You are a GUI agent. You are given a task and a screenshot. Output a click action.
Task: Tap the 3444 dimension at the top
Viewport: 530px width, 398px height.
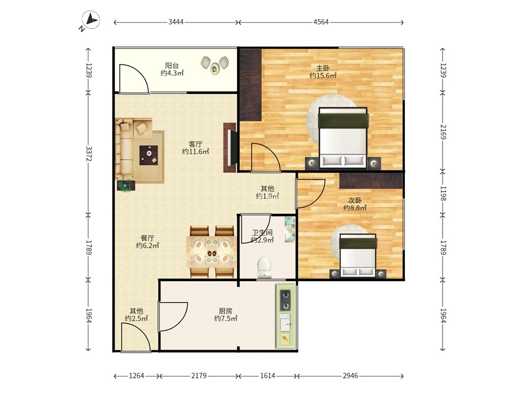pos(176,22)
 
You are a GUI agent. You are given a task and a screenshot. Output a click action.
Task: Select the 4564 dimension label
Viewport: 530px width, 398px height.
pos(321,22)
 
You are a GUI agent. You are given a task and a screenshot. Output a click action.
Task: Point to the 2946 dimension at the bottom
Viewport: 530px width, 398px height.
pos(350,376)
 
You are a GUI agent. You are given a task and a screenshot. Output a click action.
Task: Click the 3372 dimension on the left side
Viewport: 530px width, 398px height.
pos(89,154)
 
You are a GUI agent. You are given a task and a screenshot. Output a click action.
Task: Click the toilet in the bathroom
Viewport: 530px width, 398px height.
pos(263,267)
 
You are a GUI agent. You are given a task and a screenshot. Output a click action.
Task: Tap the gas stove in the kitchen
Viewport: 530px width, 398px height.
pos(285,300)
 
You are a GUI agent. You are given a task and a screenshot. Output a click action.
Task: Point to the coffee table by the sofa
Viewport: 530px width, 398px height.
pos(149,154)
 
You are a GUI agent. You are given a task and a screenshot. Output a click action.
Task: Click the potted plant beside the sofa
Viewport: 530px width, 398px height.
pos(126,185)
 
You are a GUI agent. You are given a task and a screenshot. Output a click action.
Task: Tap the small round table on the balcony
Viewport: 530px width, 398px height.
pos(214,68)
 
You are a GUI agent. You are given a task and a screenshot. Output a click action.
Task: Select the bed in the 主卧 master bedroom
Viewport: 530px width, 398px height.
pos(343,138)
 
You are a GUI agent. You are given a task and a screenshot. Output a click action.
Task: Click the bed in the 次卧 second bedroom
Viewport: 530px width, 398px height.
pos(358,256)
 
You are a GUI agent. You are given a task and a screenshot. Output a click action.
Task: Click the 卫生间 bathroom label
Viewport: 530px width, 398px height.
pos(262,233)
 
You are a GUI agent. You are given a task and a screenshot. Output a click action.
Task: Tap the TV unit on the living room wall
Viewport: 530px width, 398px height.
pos(230,147)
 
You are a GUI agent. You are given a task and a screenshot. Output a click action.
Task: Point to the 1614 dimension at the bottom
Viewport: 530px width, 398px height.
pos(268,376)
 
